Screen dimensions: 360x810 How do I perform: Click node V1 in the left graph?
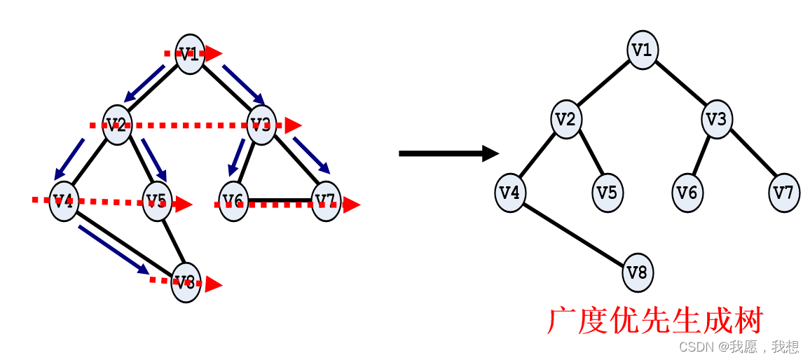click(190, 53)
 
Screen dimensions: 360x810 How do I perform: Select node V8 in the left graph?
click(186, 282)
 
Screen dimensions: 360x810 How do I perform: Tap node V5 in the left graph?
click(158, 202)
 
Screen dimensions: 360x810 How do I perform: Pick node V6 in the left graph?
click(233, 202)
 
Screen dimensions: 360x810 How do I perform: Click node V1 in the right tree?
click(643, 50)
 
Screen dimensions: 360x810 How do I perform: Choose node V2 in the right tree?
click(566, 120)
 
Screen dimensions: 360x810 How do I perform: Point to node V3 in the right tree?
click(717, 120)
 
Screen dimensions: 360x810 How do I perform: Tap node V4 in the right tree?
click(510, 192)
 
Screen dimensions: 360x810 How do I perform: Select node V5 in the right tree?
click(607, 192)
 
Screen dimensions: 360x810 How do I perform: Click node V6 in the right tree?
click(687, 192)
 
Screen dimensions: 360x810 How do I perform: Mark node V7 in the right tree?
click(784, 192)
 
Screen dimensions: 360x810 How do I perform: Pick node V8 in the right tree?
click(638, 272)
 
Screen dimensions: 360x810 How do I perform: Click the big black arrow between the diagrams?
click(448, 153)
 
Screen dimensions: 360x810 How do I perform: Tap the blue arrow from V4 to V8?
click(114, 249)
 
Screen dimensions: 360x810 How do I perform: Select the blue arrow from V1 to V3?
click(243, 84)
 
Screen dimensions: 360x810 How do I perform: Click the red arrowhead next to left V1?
click(214, 53)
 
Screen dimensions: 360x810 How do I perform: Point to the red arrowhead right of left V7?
click(351, 205)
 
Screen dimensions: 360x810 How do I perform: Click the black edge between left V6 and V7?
click(280, 200)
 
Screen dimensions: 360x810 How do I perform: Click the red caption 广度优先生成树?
click(654, 321)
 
